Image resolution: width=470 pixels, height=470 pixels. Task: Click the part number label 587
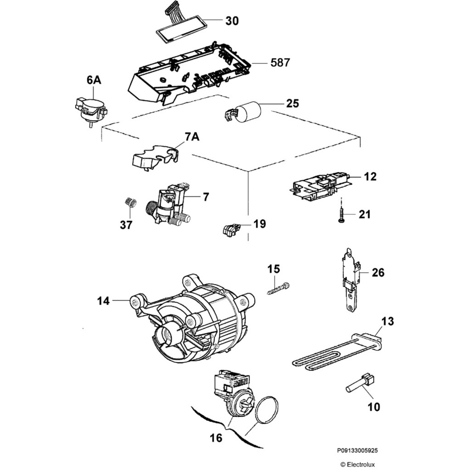[280, 62]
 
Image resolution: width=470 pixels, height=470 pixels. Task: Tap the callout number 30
[232, 21]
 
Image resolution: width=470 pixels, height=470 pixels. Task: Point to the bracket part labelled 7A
[154, 158]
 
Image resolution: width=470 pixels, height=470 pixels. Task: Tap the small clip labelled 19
[231, 228]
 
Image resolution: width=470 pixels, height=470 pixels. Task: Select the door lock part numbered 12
[321, 186]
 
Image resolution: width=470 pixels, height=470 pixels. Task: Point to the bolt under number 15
[278, 289]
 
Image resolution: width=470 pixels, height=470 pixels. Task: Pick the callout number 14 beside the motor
[104, 301]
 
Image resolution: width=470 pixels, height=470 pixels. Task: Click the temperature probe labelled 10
[361, 384]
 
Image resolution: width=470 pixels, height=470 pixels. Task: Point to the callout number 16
[216, 438]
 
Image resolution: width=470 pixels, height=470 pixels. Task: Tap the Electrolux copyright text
[357, 464]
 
